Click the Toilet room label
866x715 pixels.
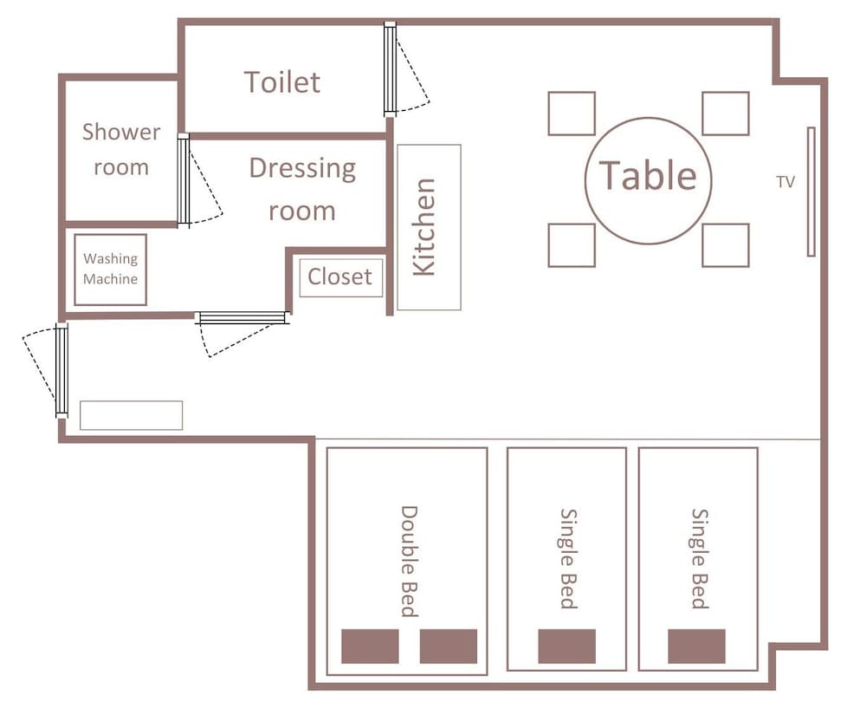point(281,82)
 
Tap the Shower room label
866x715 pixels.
point(121,149)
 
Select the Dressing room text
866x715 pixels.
point(302,190)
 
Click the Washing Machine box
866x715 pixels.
point(111,270)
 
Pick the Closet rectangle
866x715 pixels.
point(340,277)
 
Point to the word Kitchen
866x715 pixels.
point(424,226)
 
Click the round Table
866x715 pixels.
point(649,180)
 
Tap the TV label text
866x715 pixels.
point(785,182)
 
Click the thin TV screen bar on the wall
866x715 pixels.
point(811,192)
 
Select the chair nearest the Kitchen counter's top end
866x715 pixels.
point(572,114)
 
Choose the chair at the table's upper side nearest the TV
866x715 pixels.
point(726,114)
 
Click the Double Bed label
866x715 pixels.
point(409,561)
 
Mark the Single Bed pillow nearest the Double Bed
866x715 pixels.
point(566,646)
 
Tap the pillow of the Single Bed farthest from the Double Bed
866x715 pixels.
point(696,646)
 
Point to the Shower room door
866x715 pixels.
point(184,180)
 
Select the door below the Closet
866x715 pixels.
point(242,318)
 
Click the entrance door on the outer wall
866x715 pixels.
point(61,370)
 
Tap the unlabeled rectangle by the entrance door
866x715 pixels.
point(132,415)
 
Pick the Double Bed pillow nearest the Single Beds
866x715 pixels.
point(449,646)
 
